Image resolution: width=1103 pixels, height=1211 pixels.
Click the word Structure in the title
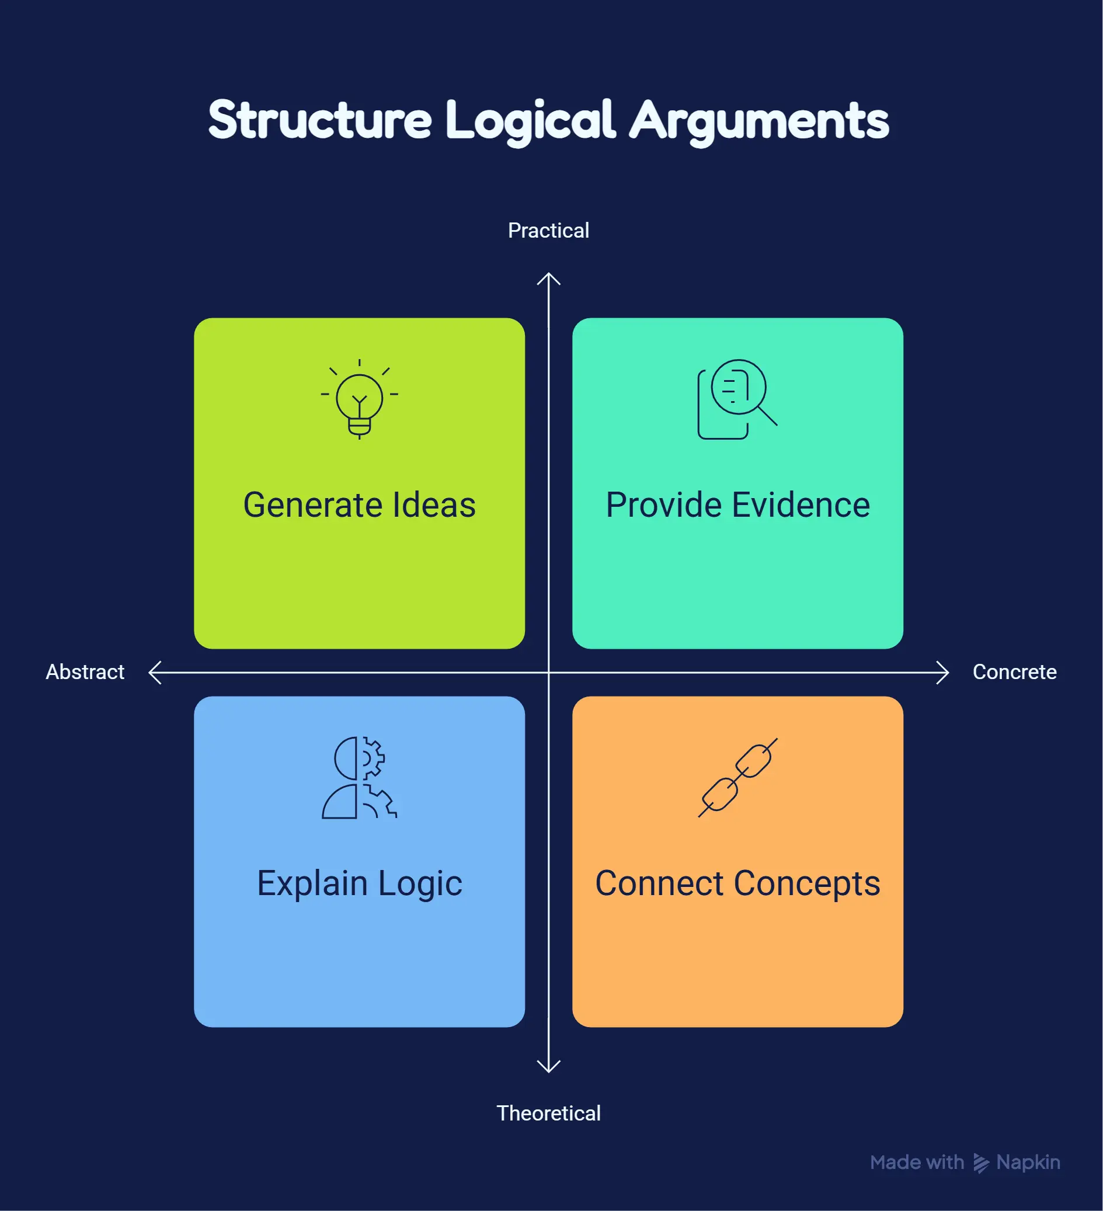[x=320, y=120]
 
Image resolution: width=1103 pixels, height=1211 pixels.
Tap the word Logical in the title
[x=531, y=122]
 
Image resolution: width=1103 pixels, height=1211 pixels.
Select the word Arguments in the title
[x=759, y=122]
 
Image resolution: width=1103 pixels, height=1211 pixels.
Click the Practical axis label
[x=548, y=231]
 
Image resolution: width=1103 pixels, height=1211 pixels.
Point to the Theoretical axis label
[x=548, y=1113]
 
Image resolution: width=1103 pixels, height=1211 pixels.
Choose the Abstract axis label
[x=85, y=671]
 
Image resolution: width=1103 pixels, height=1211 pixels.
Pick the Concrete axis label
[x=1015, y=671]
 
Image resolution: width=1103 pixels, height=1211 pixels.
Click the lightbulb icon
[x=359, y=399]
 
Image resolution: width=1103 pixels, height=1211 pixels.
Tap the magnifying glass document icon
[x=737, y=399]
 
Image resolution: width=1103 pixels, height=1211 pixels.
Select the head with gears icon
[x=359, y=777]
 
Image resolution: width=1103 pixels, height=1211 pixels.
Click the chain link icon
[x=737, y=777]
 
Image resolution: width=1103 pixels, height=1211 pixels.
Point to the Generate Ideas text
[x=359, y=504]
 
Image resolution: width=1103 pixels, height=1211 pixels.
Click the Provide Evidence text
[x=737, y=504]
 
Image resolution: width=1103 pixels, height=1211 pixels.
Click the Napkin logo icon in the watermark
[x=980, y=1163]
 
